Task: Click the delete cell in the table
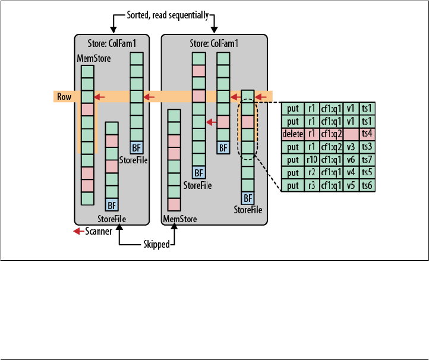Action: click(x=292, y=134)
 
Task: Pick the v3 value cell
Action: click(x=350, y=147)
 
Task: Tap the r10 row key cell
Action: click(x=311, y=160)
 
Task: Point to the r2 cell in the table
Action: click(x=311, y=173)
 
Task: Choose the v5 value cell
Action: click(x=350, y=185)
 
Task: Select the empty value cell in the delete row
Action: click(x=350, y=134)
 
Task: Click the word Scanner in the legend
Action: click(x=97, y=231)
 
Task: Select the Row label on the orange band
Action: click(x=64, y=96)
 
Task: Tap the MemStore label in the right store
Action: click(x=180, y=219)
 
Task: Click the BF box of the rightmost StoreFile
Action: click(x=248, y=198)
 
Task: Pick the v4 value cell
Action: click(x=350, y=173)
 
